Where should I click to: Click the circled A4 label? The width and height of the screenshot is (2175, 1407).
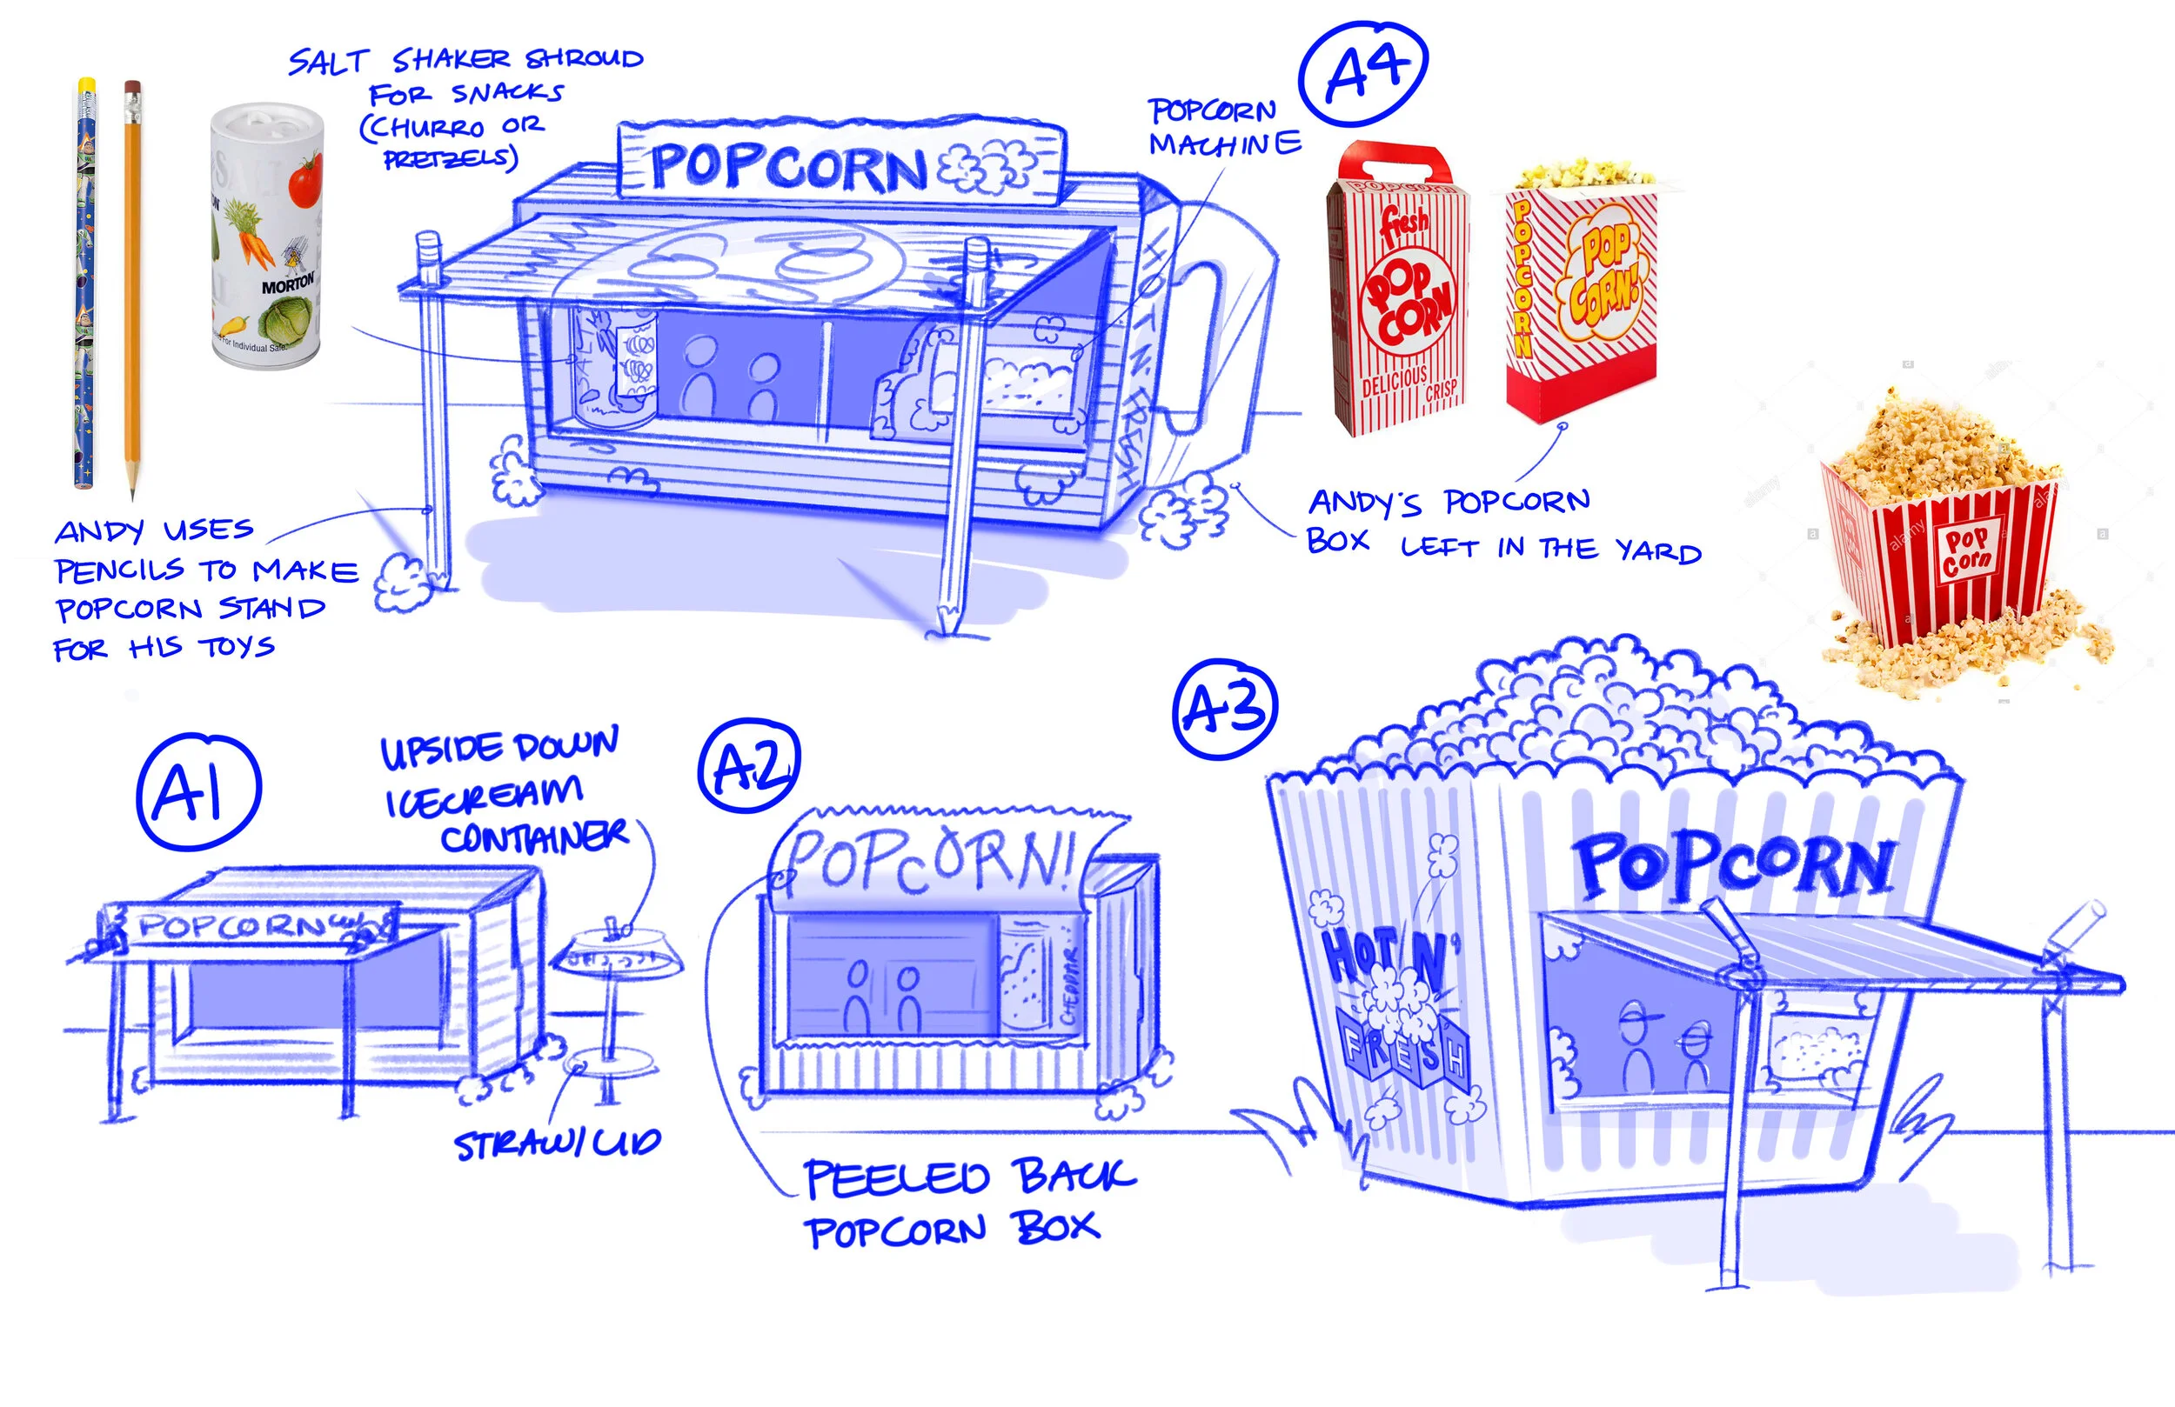1362,73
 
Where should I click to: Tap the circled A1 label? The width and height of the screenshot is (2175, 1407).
197,790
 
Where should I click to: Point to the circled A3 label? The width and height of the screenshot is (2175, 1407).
1224,709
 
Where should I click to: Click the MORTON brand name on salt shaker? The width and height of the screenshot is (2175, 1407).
287,285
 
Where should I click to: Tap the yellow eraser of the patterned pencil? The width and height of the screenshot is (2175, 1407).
87,85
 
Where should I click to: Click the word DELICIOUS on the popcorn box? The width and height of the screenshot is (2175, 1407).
1394,381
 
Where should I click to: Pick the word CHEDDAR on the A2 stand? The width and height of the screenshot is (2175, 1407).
1070,987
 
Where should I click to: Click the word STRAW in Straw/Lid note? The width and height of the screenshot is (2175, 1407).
500,1144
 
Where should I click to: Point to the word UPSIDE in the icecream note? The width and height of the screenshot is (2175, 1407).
445,751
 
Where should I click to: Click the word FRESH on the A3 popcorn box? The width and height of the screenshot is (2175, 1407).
1402,1050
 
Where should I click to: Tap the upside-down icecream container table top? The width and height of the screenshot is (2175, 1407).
618,953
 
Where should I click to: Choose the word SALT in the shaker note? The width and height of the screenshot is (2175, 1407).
327,62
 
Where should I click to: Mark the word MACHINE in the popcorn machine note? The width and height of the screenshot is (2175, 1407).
1225,144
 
